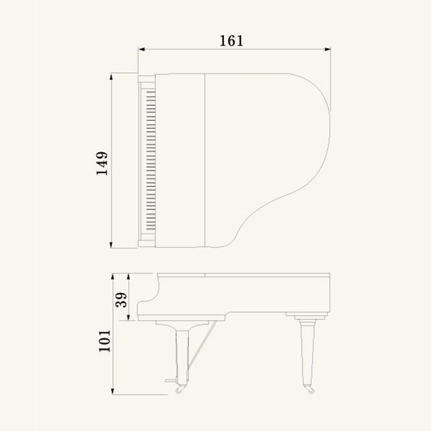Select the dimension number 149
(x=102, y=163)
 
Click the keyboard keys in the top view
(x=150, y=159)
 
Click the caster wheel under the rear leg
(x=309, y=390)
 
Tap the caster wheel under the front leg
(x=179, y=390)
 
